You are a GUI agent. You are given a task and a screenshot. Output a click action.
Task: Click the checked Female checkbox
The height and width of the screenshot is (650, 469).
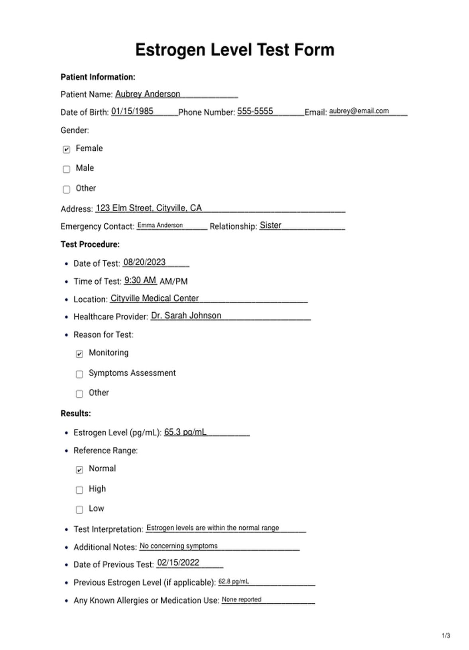point(67,149)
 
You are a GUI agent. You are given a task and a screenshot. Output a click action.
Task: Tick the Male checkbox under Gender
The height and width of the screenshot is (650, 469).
point(67,169)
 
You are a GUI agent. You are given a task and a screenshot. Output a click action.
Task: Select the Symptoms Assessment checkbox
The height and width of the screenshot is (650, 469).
point(79,374)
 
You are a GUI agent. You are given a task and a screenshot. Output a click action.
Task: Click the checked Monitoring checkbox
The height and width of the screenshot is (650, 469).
point(79,354)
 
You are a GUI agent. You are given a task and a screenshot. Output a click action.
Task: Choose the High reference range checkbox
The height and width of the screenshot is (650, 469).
point(79,490)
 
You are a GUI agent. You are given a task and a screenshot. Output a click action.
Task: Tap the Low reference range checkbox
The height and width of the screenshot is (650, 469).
point(79,510)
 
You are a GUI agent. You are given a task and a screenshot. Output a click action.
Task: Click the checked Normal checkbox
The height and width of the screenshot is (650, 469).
point(79,470)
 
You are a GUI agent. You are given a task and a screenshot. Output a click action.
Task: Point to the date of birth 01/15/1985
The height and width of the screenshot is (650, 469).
point(132,111)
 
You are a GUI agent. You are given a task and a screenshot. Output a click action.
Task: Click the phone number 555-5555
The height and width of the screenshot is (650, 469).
point(255,111)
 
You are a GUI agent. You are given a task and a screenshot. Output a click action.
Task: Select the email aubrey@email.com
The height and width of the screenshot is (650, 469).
point(359,111)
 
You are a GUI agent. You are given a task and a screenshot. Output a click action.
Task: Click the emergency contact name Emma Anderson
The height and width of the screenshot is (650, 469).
point(160,225)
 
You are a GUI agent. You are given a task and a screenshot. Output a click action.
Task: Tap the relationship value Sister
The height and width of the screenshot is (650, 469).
point(270,225)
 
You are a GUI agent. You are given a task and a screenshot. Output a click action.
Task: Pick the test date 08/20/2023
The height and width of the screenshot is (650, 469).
point(144,262)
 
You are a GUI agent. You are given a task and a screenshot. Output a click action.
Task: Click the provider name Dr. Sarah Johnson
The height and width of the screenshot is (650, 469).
point(186,315)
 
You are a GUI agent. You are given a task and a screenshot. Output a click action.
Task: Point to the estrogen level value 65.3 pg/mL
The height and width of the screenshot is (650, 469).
point(185,432)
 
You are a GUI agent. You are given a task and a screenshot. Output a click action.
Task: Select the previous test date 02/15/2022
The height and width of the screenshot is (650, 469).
point(178,562)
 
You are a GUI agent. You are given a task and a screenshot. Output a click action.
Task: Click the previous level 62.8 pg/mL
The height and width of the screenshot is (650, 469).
point(233,581)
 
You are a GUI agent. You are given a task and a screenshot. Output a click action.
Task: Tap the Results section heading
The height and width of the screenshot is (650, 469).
point(76,413)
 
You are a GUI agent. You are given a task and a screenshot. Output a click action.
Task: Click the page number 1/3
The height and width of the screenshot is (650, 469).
point(446,635)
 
